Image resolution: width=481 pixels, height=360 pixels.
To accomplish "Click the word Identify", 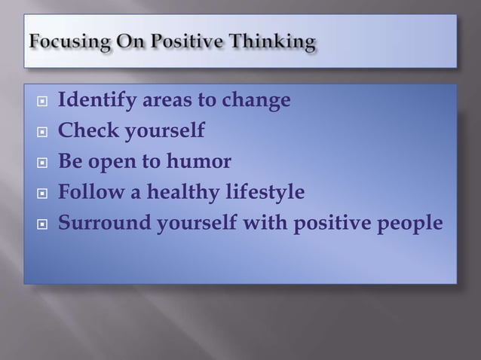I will click(94, 100).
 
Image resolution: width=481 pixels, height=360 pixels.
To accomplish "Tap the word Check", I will click(87, 131).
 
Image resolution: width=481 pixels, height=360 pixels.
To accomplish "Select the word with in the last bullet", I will click(259, 224).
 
